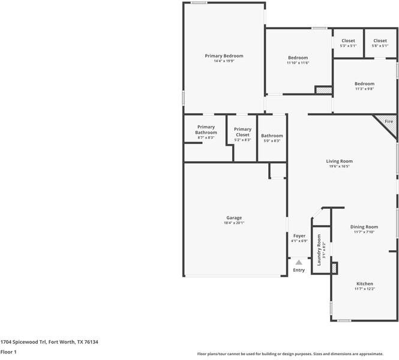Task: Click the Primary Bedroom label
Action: point(224,56)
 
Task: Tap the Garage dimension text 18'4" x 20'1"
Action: point(234,223)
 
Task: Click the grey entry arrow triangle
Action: point(299,262)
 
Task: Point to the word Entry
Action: point(299,270)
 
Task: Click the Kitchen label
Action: point(365,284)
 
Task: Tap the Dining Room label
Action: point(364,227)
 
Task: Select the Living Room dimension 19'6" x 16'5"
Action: point(339,166)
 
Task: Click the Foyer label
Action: point(299,236)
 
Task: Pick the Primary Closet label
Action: point(242,131)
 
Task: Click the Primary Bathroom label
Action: point(206,130)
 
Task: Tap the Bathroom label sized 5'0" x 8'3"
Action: point(272,136)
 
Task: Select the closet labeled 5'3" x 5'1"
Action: point(348,41)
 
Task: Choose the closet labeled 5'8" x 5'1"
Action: point(380,41)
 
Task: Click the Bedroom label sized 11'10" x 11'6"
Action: point(298,58)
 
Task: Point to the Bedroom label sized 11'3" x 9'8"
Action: point(364,84)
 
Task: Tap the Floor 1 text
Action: point(8,352)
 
